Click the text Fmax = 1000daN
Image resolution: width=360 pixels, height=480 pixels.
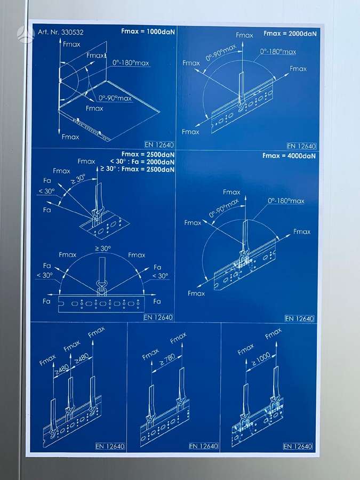coord(148,31)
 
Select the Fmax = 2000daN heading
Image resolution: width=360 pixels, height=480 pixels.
coord(290,34)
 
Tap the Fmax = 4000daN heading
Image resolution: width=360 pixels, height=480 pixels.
coord(289,156)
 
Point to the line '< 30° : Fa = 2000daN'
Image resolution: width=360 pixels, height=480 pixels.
coord(142,162)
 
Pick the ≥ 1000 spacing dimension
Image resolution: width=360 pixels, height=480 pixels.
coord(261,359)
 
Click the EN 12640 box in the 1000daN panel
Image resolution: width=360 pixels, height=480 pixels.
coord(159,145)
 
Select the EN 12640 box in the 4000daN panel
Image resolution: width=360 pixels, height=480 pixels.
coord(299,318)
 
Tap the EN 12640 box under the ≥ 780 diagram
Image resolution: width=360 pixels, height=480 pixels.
coord(204,446)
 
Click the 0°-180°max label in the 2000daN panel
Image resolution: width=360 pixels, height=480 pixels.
coord(278,51)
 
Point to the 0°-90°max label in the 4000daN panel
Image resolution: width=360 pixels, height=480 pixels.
coord(224,208)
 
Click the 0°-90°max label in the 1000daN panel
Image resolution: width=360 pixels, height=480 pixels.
coord(115,98)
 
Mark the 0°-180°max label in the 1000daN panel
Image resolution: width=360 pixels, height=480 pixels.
coord(131,63)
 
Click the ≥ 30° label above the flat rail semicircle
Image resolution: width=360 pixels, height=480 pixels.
coord(103,248)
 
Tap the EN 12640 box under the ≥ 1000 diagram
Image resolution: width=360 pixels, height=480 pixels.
coord(298,446)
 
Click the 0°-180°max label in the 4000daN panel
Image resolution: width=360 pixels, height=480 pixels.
coord(286,201)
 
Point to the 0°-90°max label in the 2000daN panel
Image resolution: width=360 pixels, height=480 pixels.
coord(221,52)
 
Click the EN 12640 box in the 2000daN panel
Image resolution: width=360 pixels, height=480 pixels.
coord(301,146)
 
